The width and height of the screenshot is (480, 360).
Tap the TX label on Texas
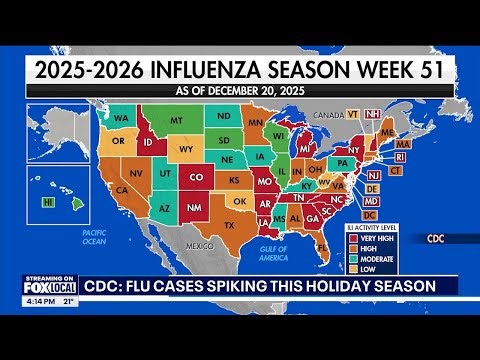click(x=228, y=224)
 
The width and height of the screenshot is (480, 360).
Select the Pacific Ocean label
click(x=94, y=236)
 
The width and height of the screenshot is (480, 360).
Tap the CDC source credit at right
click(x=435, y=239)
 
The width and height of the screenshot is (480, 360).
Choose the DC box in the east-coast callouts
click(x=369, y=215)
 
